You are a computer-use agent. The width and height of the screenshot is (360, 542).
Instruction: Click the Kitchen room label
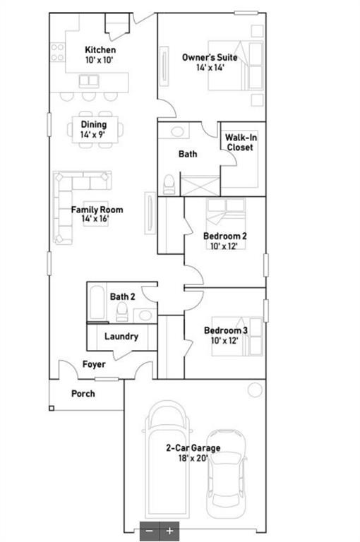100,50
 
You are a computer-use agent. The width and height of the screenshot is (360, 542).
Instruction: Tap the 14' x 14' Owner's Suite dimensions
210,68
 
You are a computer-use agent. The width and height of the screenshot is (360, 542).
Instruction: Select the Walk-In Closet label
241,143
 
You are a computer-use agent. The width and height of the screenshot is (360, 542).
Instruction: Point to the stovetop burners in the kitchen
58,52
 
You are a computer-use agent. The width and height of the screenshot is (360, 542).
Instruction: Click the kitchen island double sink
89,81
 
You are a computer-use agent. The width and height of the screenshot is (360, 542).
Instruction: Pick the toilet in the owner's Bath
169,184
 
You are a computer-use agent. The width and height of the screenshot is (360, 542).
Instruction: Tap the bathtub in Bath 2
97,303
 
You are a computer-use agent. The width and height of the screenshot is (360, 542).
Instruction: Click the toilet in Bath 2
121,312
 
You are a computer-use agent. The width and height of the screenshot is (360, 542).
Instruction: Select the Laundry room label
121,337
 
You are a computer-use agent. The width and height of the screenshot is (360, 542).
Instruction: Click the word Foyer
94,364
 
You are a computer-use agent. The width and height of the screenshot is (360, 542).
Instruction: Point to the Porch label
83,394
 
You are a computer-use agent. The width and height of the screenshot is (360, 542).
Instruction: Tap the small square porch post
52,409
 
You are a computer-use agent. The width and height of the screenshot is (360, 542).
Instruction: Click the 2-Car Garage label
193,448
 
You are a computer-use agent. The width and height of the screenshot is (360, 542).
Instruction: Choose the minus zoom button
150,531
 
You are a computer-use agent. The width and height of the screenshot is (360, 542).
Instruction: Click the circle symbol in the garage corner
256,390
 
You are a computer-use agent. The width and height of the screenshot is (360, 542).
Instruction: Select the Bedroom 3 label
225,330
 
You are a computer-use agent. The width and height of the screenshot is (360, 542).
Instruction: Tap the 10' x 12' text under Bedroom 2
224,246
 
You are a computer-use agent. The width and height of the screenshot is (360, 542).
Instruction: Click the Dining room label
94,124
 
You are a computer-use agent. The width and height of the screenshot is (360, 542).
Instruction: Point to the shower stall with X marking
200,186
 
